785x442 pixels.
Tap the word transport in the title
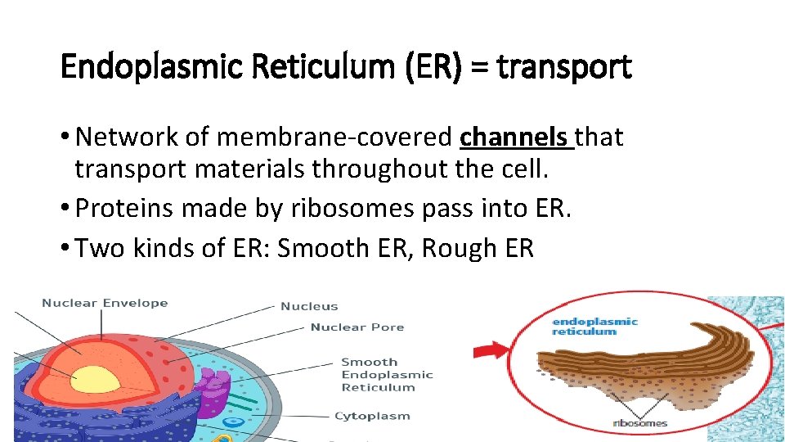point(564,66)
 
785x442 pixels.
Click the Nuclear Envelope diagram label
point(105,303)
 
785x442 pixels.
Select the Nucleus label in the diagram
point(309,306)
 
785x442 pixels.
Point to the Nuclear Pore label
point(357,327)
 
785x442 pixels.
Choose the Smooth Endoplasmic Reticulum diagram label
point(387,374)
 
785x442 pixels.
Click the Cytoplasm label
point(372,416)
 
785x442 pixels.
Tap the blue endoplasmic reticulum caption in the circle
point(595,327)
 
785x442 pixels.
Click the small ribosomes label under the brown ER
point(640,423)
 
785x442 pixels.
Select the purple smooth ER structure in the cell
point(211,390)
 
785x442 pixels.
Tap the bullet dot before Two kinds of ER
point(65,248)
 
